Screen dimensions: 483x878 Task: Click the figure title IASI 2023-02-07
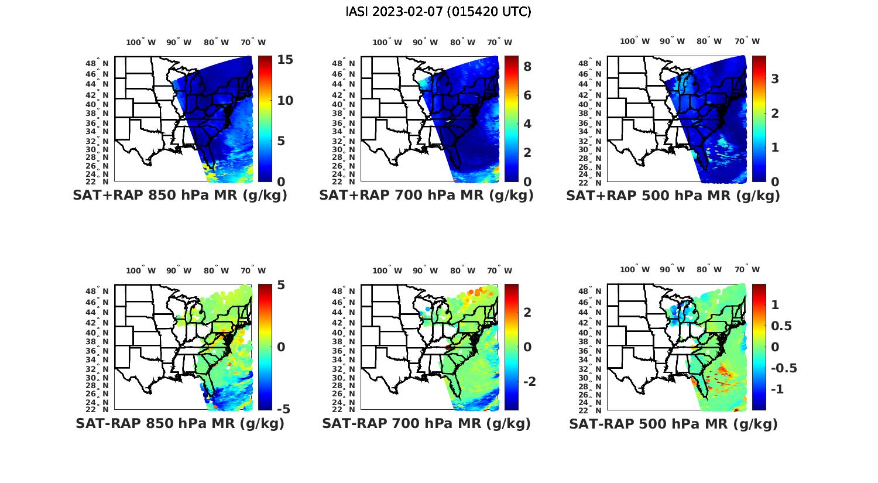(x=438, y=12)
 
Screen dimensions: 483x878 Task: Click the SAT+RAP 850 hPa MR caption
(x=180, y=196)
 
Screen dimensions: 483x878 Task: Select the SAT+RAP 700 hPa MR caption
(x=426, y=196)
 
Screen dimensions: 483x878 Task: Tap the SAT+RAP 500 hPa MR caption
(x=673, y=196)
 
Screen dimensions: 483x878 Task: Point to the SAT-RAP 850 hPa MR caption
(x=180, y=423)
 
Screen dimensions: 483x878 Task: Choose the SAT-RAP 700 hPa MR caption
(x=426, y=423)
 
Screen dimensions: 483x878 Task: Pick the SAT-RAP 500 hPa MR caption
(x=673, y=423)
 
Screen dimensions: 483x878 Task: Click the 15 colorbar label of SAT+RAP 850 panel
(x=286, y=60)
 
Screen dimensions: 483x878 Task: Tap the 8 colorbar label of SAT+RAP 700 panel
(x=527, y=67)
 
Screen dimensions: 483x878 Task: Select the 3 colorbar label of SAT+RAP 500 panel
(x=775, y=78)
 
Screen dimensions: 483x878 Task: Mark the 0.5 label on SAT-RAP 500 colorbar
(x=781, y=326)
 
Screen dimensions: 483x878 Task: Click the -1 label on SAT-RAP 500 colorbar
(x=778, y=389)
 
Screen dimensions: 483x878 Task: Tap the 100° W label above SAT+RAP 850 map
(x=141, y=42)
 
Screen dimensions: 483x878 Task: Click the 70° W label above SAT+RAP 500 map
(x=747, y=41)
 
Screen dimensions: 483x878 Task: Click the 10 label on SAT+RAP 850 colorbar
(x=284, y=101)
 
